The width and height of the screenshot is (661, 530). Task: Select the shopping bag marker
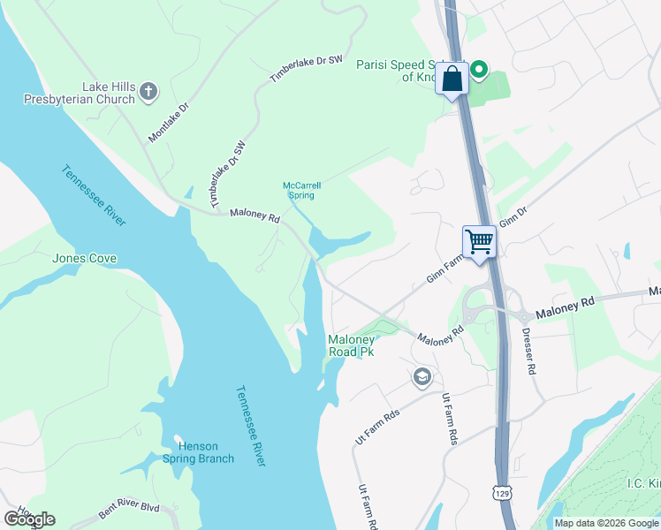tap(452, 79)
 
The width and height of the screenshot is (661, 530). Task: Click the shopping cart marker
tap(479, 240)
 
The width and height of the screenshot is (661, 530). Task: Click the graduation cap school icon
tap(422, 377)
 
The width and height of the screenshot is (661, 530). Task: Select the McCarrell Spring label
tap(301, 190)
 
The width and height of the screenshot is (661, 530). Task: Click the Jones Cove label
tap(85, 259)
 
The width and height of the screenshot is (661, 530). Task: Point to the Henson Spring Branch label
tap(199, 452)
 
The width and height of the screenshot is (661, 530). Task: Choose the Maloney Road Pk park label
tap(351, 345)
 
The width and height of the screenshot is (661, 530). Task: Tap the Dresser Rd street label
tap(528, 351)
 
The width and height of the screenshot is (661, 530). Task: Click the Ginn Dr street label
tap(513, 216)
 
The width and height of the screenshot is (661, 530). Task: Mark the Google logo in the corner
tap(29, 519)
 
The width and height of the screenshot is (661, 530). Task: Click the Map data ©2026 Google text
tap(605, 523)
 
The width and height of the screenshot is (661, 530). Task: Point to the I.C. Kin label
tap(643, 484)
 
